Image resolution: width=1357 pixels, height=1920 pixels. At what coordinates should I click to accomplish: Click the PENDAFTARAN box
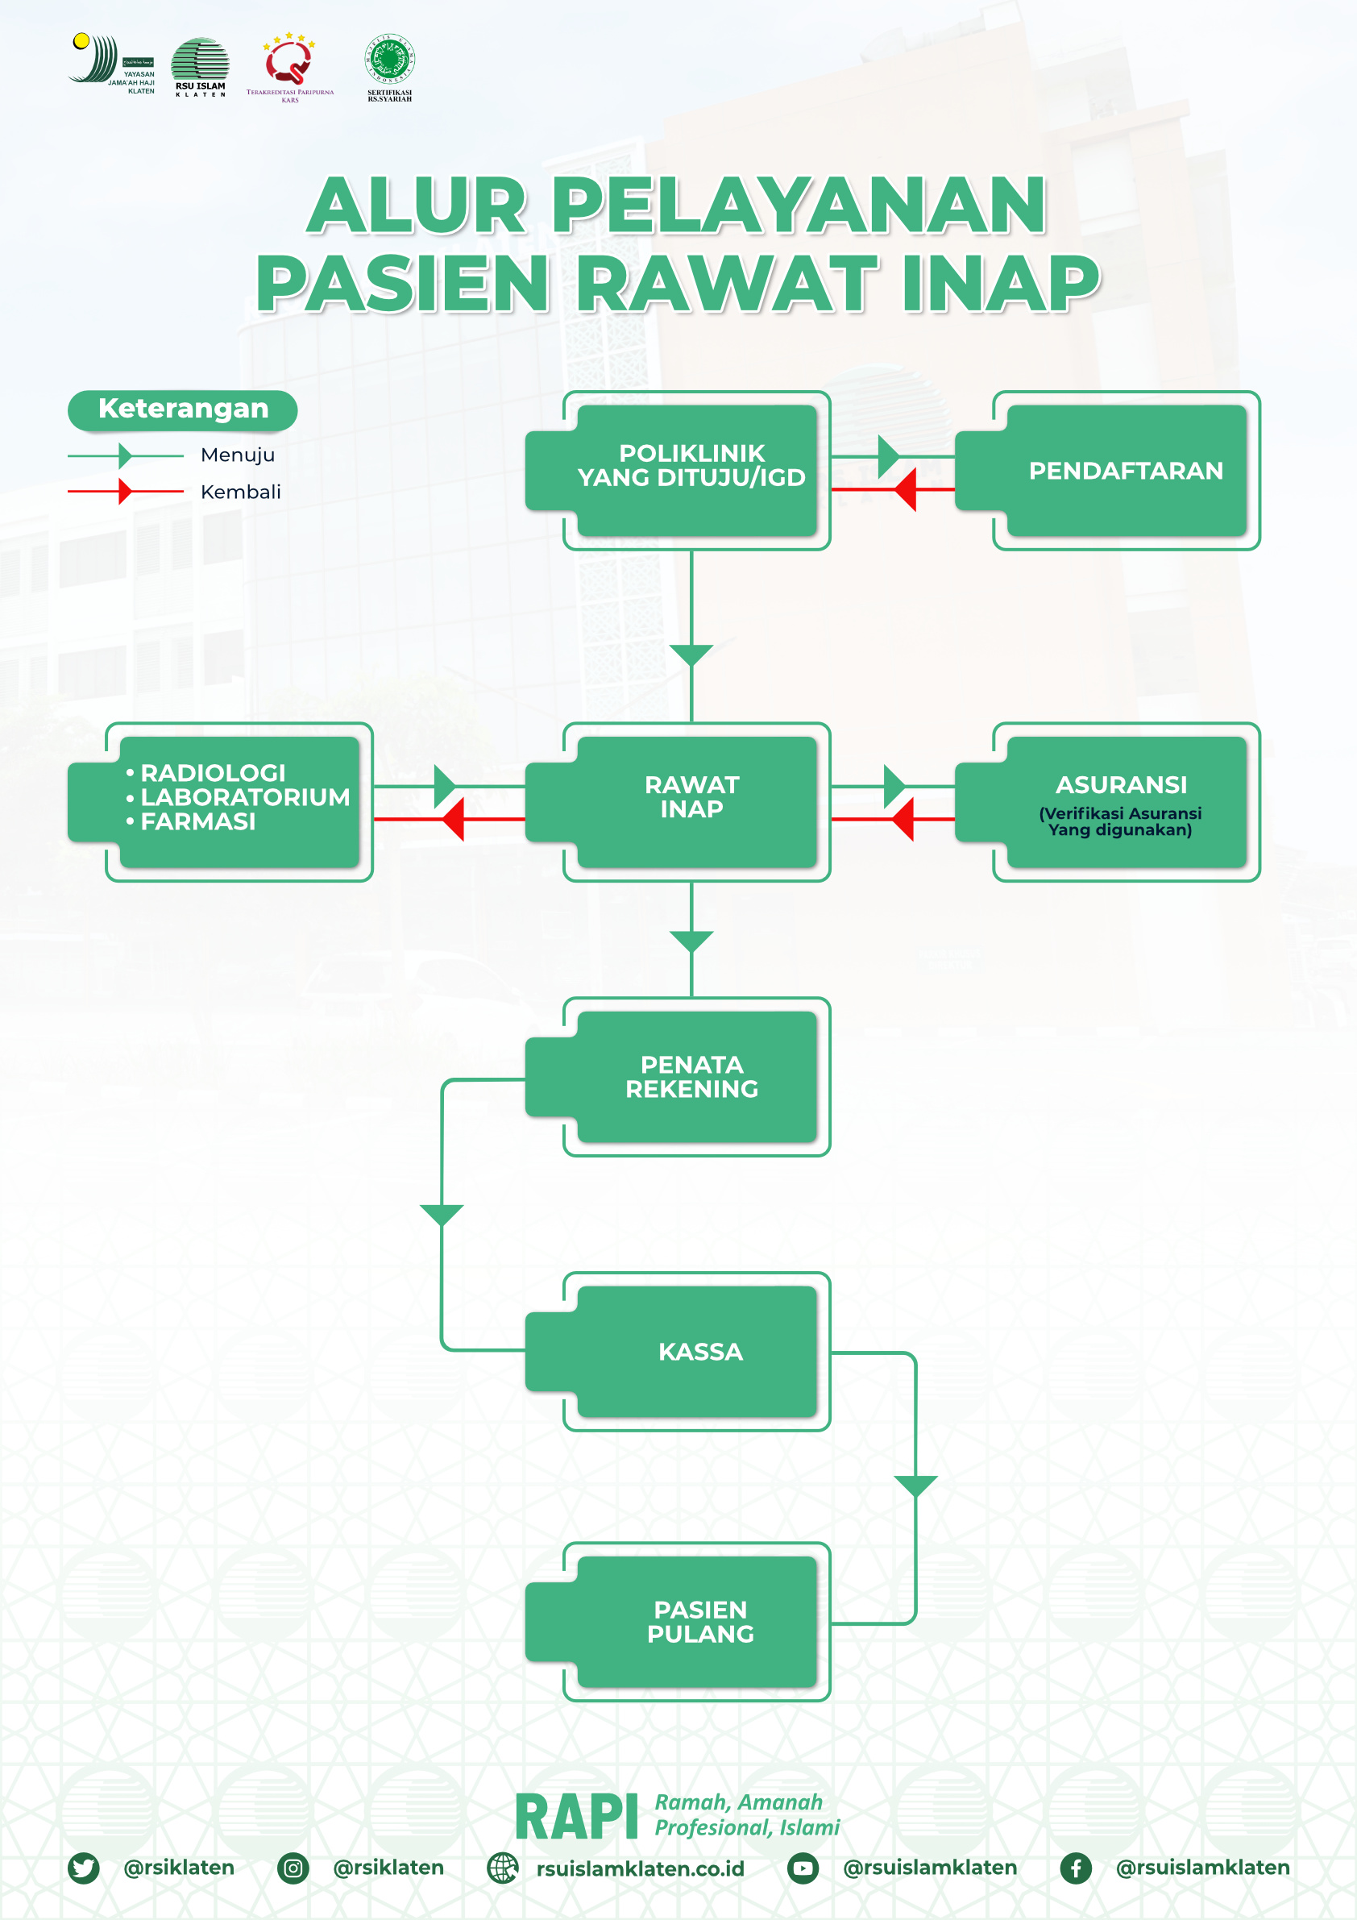tap(1126, 471)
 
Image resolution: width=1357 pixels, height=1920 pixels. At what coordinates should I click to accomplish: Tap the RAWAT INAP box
tap(691, 798)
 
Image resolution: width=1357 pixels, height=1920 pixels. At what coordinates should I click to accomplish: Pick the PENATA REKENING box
tap(691, 1076)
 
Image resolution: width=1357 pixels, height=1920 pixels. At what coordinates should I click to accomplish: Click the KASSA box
tap(699, 1352)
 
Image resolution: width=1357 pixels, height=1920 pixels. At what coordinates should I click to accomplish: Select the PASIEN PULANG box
tap(699, 1622)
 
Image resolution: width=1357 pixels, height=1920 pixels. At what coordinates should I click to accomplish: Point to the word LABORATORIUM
tap(245, 797)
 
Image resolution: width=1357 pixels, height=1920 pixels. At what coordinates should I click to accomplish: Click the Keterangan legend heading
tap(183, 409)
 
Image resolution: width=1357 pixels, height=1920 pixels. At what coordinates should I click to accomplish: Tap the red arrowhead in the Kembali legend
tap(126, 492)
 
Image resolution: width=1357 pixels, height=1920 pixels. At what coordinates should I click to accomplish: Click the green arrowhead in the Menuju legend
tap(126, 455)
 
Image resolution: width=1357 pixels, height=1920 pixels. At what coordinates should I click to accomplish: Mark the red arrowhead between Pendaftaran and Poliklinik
tap(906, 489)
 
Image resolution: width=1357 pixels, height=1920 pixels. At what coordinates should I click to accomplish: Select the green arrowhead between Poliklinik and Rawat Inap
tap(691, 655)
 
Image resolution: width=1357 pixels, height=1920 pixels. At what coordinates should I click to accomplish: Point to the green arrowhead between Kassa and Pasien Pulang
tap(915, 1486)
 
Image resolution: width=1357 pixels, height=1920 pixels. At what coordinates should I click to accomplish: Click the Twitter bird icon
tap(84, 1868)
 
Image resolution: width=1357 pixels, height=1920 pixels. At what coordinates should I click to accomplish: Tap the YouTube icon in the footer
tap(803, 1868)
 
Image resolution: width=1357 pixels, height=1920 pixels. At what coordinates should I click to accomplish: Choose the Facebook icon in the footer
tap(1075, 1868)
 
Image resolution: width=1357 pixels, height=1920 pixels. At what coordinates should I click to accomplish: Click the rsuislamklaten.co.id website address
tap(640, 1868)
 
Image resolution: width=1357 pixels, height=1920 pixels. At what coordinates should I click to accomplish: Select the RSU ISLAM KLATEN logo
tap(200, 67)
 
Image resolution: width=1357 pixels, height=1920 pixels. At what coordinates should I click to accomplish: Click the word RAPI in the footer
tap(576, 1818)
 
